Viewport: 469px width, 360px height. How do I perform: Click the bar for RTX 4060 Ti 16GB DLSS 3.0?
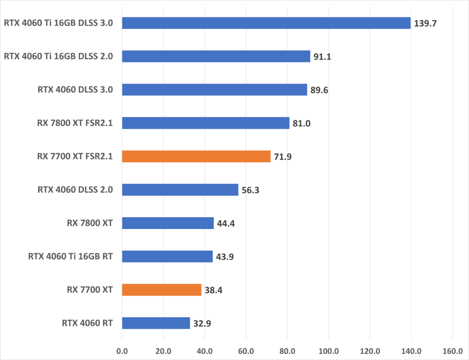pyautogui.click(x=266, y=23)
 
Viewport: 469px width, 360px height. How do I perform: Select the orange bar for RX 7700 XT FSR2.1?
pyautogui.click(x=196, y=157)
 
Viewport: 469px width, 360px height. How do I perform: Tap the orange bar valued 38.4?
pyautogui.click(x=161, y=289)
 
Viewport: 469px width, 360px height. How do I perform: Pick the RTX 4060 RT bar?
pyautogui.click(x=156, y=323)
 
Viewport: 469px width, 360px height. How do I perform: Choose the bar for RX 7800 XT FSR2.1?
pyautogui.click(x=206, y=123)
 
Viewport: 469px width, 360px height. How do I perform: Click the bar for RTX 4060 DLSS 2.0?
pyautogui.click(x=180, y=190)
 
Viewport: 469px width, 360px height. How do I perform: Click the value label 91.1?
pyautogui.click(x=323, y=56)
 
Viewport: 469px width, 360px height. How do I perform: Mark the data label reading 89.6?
pyautogui.click(x=319, y=90)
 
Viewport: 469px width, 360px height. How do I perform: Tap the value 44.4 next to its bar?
pyautogui.click(x=226, y=224)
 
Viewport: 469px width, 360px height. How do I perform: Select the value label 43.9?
pyautogui.click(x=225, y=256)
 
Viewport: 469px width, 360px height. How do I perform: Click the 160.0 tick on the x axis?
pyautogui.click(x=453, y=351)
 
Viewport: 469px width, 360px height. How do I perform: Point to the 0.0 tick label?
pyautogui.click(x=122, y=351)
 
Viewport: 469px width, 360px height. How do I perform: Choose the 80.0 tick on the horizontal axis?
pyautogui.click(x=287, y=351)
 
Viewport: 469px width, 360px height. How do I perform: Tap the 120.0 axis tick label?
pyautogui.click(x=370, y=351)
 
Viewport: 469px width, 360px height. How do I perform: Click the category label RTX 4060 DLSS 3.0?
pyautogui.click(x=76, y=90)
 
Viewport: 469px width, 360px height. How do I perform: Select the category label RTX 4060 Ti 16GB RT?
pyautogui.click(x=71, y=256)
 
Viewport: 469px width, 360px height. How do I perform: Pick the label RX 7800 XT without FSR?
pyautogui.click(x=89, y=224)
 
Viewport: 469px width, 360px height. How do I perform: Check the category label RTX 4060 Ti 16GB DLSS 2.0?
pyautogui.click(x=59, y=56)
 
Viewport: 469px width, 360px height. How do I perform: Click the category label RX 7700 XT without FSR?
pyautogui.click(x=89, y=289)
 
